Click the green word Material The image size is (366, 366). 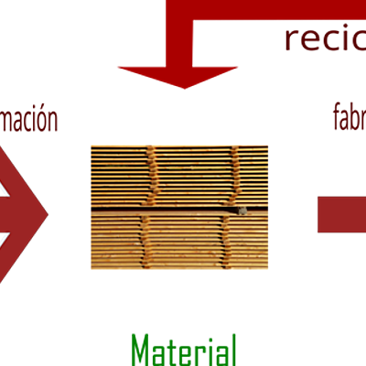[x=184, y=350]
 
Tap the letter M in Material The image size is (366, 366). [x=140, y=350]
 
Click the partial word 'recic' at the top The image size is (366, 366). [x=324, y=39]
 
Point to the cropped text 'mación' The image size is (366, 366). [x=28, y=120]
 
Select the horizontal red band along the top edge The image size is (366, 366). [x=265, y=9]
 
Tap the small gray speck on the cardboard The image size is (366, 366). [x=242, y=210]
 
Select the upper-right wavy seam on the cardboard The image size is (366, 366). [x=236, y=176]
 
